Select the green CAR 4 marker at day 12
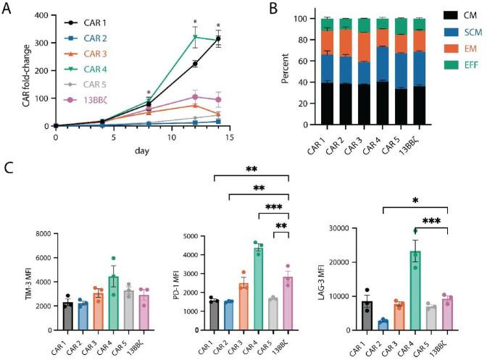point(195,37)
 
